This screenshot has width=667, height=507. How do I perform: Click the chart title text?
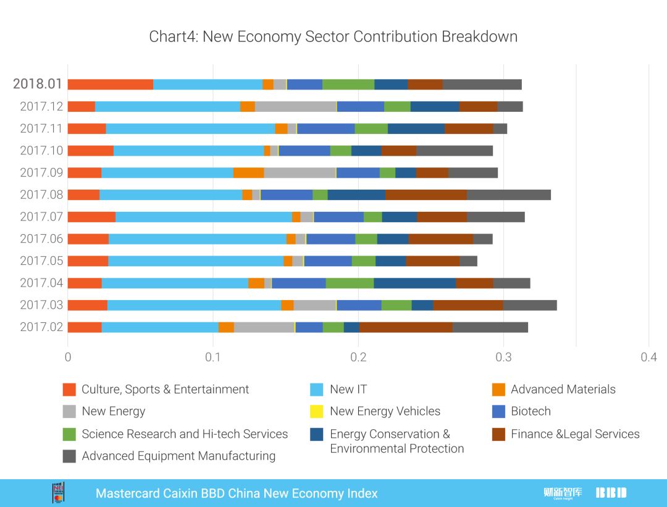pyautogui.click(x=333, y=36)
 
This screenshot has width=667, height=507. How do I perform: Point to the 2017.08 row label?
pyautogui.click(x=41, y=195)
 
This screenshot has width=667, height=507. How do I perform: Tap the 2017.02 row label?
pyautogui.click(x=41, y=327)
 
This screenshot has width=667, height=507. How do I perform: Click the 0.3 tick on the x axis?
pyautogui.click(x=503, y=357)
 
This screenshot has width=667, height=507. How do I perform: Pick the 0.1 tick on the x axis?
pyautogui.click(x=213, y=357)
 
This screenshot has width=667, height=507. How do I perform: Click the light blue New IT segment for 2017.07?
pyautogui.click(x=204, y=217)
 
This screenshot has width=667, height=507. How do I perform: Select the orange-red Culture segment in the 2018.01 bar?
pyautogui.click(x=111, y=85)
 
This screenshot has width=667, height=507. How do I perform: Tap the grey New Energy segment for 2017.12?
pyautogui.click(x=295, y=106)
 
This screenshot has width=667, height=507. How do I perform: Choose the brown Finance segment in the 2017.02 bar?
pyautogui.click(x=406, y=327)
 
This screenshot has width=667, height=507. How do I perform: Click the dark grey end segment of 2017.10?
pyautogui.click(x=455, y=151)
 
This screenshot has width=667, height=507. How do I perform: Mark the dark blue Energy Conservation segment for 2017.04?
pyautogui.click(x=415, y=283)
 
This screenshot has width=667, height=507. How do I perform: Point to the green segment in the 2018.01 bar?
pyautogui.click(x=348, y=85)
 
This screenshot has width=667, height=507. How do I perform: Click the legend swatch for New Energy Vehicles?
pyautogui.click(x=317, y=412)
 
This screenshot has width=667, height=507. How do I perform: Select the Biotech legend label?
pyautogui.click(x=531, y=411)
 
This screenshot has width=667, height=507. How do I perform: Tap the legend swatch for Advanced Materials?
pyautogui.click(x=498, y=390)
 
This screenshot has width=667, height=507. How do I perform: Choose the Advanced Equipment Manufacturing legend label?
pyautogui.click(x=178, y=456)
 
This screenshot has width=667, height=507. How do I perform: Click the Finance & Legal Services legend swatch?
pyautogui.click(x=498, y=434)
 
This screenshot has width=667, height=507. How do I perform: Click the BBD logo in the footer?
pyautogui.click(x=611, y=493)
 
